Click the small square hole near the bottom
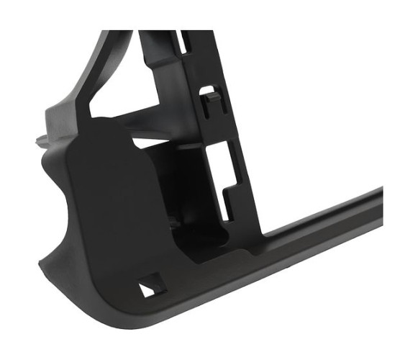(x=150, y=287)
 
